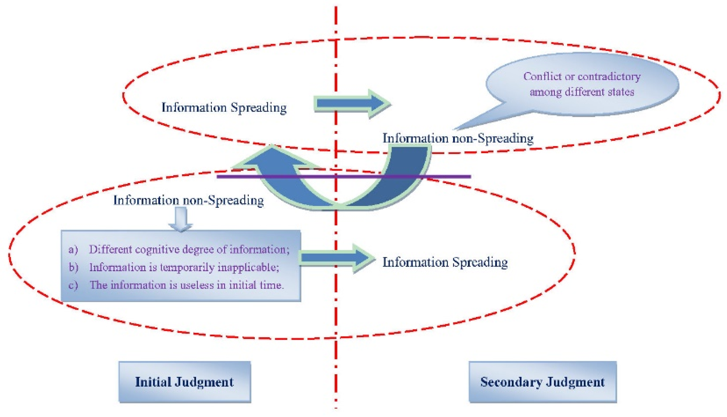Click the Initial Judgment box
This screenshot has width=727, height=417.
coord(185,382)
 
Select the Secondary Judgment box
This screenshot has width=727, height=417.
coord(542,382)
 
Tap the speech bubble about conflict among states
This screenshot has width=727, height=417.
coord(582,84)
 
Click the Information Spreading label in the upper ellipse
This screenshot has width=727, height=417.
coord(224,108)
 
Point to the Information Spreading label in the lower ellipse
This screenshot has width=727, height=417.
coord(445,262)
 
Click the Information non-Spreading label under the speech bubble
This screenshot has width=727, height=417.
coord(458,138)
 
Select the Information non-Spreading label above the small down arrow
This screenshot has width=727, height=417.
coord(188,200)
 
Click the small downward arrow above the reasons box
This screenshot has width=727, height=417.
coord(180,219)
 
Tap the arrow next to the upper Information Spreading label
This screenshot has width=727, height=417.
coord(352,103)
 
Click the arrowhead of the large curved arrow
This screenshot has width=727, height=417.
coord(272,158)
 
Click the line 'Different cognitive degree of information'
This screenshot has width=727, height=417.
coord(189,249)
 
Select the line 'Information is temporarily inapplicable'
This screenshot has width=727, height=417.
coord(184,267)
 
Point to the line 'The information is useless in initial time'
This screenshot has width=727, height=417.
coord(186,285)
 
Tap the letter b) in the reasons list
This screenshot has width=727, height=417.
coord(73,267)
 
